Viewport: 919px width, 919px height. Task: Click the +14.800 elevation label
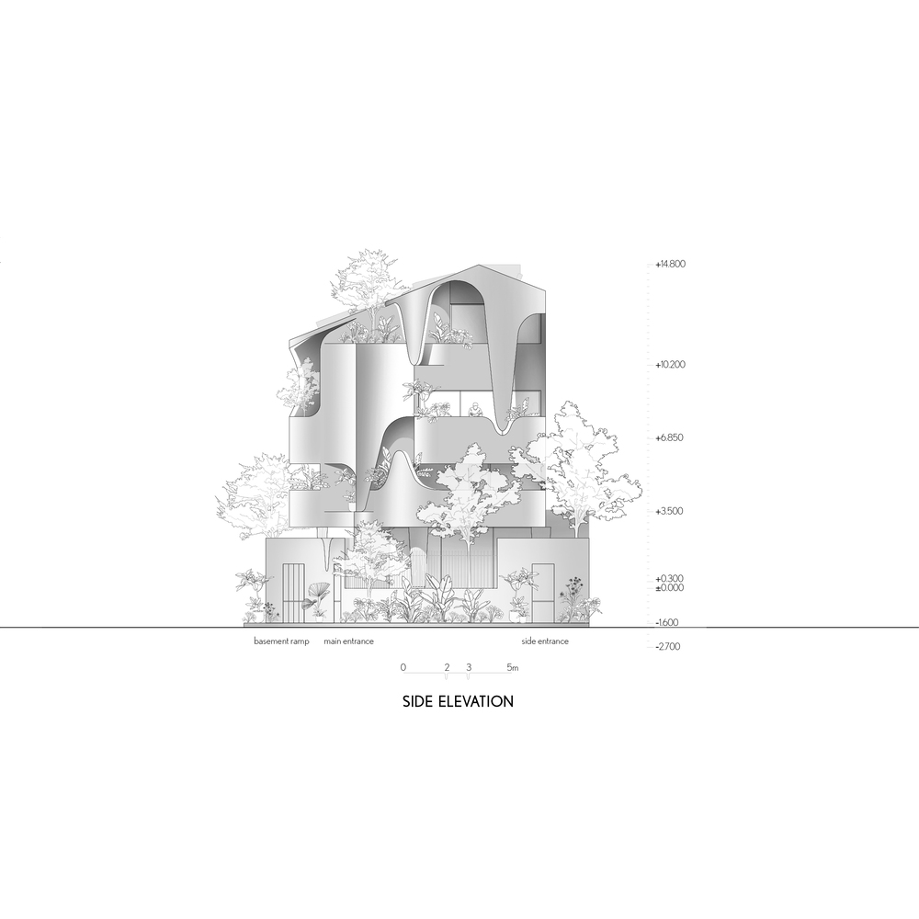pyautogui.click(x=670, y=264)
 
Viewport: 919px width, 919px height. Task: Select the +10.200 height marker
pyautogui.click(x=670, y=365)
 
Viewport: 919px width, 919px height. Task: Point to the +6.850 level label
pyautogui.click(x=669, y=437)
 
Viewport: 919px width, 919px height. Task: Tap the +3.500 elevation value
pyautogui.click(x=669, y=511)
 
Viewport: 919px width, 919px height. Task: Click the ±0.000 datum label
pyautogui.click(x=669, y=587)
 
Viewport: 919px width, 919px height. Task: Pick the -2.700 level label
pyautogui.click(x=667, y=646)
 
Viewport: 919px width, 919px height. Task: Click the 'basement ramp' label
pyautogui.click(x=281, y=641)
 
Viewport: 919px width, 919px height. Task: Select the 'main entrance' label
pyautogui.click(x=348, y=641)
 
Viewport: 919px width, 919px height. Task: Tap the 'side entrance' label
pyautogui.click(x=545, y=641)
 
